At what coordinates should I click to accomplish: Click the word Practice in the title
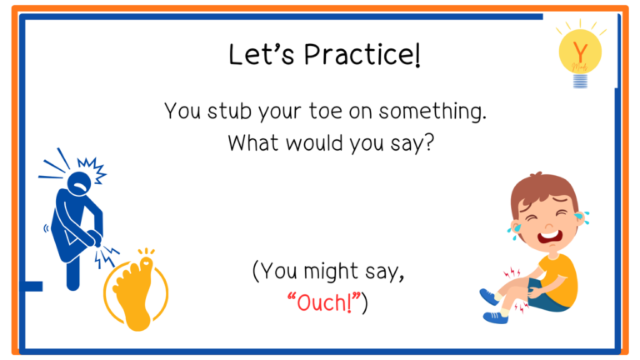[x=361, y=55]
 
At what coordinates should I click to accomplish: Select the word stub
[x=229, y=111]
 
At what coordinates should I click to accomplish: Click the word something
[x=432, y=112]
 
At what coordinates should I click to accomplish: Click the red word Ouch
[x=323, y=302]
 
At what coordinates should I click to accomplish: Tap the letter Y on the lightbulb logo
[x=580, y=52]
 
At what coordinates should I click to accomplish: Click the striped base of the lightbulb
[x=580, y=81]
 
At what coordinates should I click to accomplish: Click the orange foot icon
[x=136, y=292]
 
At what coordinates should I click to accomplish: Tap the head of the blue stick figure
[x=79, y=183]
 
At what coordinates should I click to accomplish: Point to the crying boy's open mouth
[x=549, y=237]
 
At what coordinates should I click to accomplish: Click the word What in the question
[x=253, y=142]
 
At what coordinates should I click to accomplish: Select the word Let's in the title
[x=261, y=55]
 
